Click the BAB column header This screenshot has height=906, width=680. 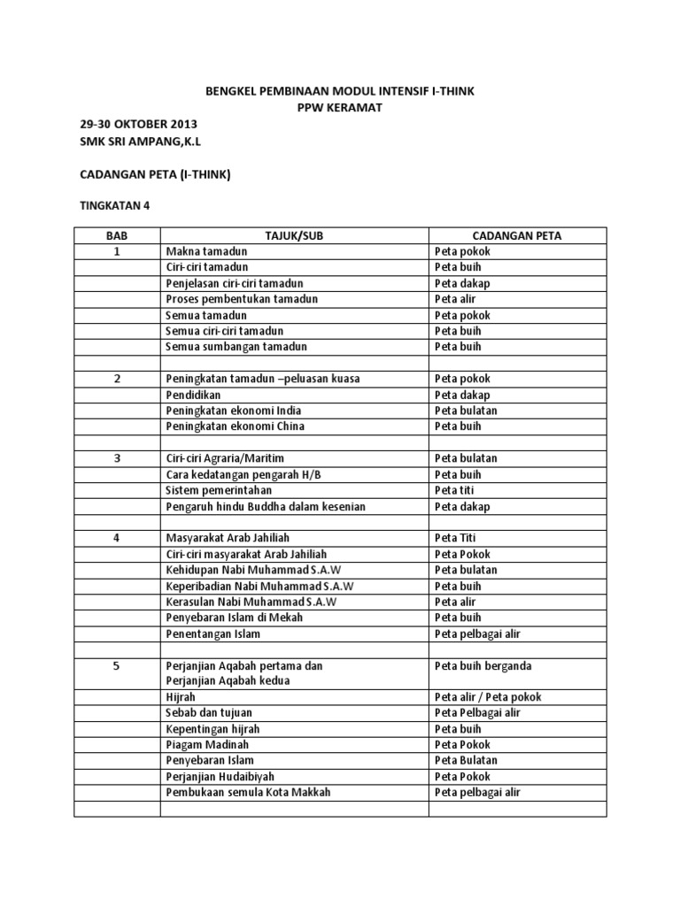click(116, 235)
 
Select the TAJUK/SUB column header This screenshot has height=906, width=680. click(294, 235)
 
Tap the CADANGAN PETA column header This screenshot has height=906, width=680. click(517, 235)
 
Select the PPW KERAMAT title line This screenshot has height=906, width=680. click(340, 107)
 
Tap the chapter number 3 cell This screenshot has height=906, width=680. click(116, 458)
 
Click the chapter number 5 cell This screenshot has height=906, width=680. click(116, 665)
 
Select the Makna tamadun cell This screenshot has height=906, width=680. click(206, 251)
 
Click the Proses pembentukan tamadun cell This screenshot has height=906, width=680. click(242, 299)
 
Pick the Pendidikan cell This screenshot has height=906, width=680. click(194, 395)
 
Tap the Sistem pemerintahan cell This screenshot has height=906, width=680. click(219, 490)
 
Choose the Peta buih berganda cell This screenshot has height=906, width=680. click(483, 665)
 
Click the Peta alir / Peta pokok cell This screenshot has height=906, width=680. click(488, 697)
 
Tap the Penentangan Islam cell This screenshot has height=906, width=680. click(212, 633)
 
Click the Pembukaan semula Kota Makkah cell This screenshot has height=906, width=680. click(248, 793)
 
